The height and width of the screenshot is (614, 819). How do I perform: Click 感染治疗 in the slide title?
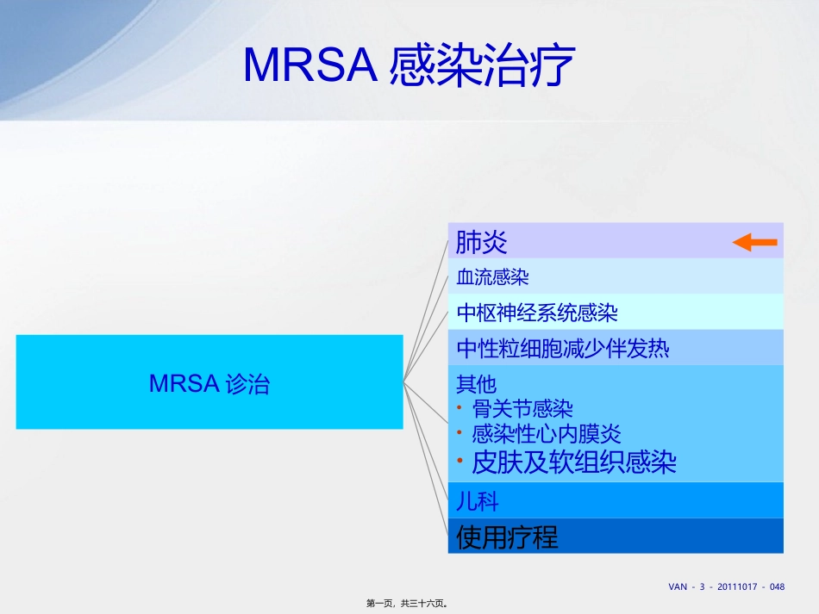[x=482, y=65]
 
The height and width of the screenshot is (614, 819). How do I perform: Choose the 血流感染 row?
[x=492, y=277]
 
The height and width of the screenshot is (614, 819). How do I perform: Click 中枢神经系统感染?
[x=536, y=312]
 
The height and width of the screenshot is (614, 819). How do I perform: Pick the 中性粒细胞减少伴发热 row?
[x=563, y=349]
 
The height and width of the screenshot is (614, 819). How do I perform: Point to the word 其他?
[x=476, y=383]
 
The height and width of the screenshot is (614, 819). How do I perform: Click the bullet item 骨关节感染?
[x=522, y=408]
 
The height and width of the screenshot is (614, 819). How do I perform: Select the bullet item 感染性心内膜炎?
[x=547, y=433]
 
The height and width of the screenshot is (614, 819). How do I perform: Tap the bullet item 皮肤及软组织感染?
[x=574, y=462]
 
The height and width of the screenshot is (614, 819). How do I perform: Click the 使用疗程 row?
[x=507, y=537]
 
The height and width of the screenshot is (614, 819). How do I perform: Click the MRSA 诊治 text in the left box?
[x=209, y=383]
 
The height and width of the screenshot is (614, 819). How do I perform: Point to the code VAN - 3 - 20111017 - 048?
[x=726, y=586]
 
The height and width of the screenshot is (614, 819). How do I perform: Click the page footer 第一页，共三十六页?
[x=409, y=604]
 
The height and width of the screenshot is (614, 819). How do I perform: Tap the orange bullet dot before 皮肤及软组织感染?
[x=461, y=462]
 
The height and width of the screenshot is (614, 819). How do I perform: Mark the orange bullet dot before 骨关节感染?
[x=461, y=408]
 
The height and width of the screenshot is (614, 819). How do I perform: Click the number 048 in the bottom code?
[x=777, y=586]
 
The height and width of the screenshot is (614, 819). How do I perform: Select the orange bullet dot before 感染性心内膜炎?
[x=461, y=433]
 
